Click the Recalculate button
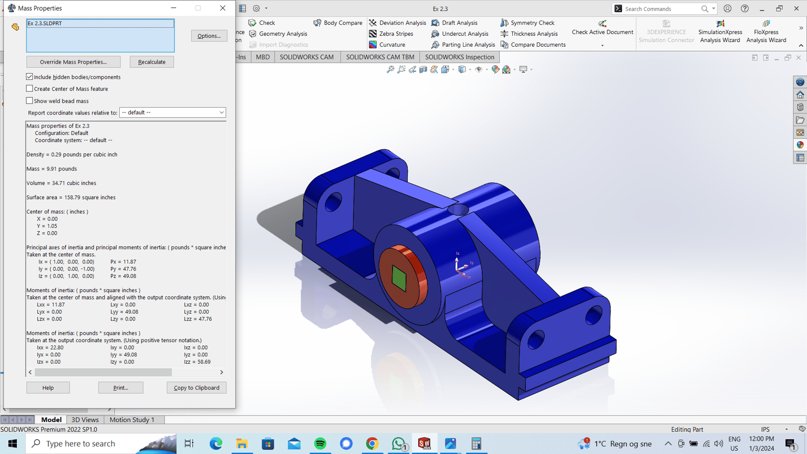point(152,62)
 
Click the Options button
point(209,36)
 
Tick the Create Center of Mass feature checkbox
point(29,89)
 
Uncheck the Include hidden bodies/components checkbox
point(29,77)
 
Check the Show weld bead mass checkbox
point(29,100)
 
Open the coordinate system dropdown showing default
point(172,112)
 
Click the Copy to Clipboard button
point(196,388)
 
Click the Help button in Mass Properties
point(48,388)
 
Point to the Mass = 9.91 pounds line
point(51,169)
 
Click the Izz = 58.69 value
point(197,362)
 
